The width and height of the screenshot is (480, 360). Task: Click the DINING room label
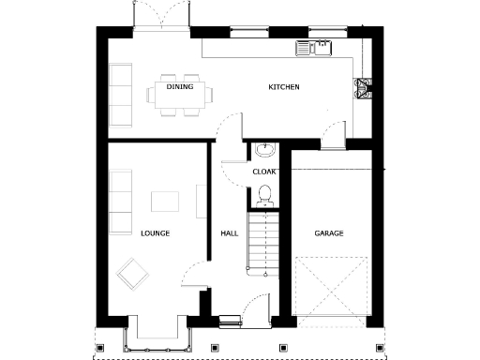[x=180, y=87]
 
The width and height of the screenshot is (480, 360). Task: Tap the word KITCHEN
[x=284, y=87]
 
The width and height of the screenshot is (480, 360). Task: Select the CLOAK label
[x=263, y=172]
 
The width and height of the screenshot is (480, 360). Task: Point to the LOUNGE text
[x=155, y=232]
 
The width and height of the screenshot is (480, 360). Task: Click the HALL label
[x=229, y=232]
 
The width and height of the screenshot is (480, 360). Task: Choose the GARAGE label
[x=329, y=232]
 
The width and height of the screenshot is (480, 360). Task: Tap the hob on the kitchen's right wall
[x=363, y=88]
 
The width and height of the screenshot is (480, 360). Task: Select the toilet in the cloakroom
[x=264, y=195]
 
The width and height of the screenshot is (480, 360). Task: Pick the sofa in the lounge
[x=120, y=202]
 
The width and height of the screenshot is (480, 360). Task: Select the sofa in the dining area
[x=121, y=95]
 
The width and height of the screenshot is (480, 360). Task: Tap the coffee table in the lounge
[x=166, y=201]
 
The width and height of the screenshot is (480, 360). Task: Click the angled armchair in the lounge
[x=132, y=274]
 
